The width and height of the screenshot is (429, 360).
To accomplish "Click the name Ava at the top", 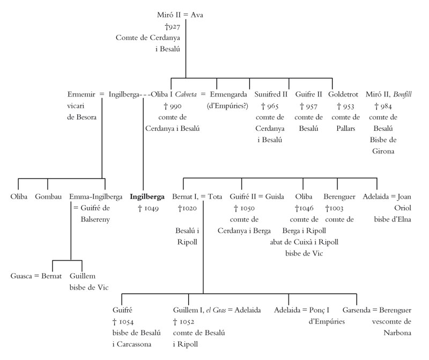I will (197, 14).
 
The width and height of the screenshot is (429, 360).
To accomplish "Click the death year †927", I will (173, 26).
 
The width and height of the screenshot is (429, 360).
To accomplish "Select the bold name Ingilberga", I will (147, 196).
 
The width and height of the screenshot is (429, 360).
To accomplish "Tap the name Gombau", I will (47, 196).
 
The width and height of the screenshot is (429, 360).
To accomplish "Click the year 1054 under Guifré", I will (126, 321).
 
